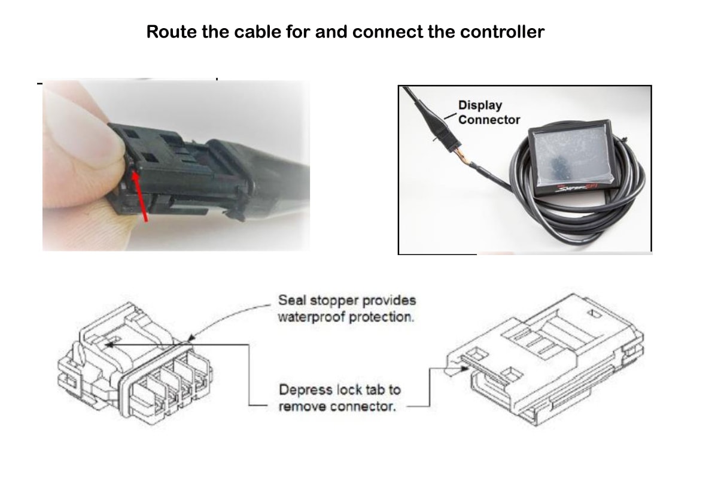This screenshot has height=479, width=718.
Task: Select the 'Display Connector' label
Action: [x=489, y=113]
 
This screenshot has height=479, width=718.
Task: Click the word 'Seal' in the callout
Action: [x=291, y=300]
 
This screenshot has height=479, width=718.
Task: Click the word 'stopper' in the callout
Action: [x=336, y=300]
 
